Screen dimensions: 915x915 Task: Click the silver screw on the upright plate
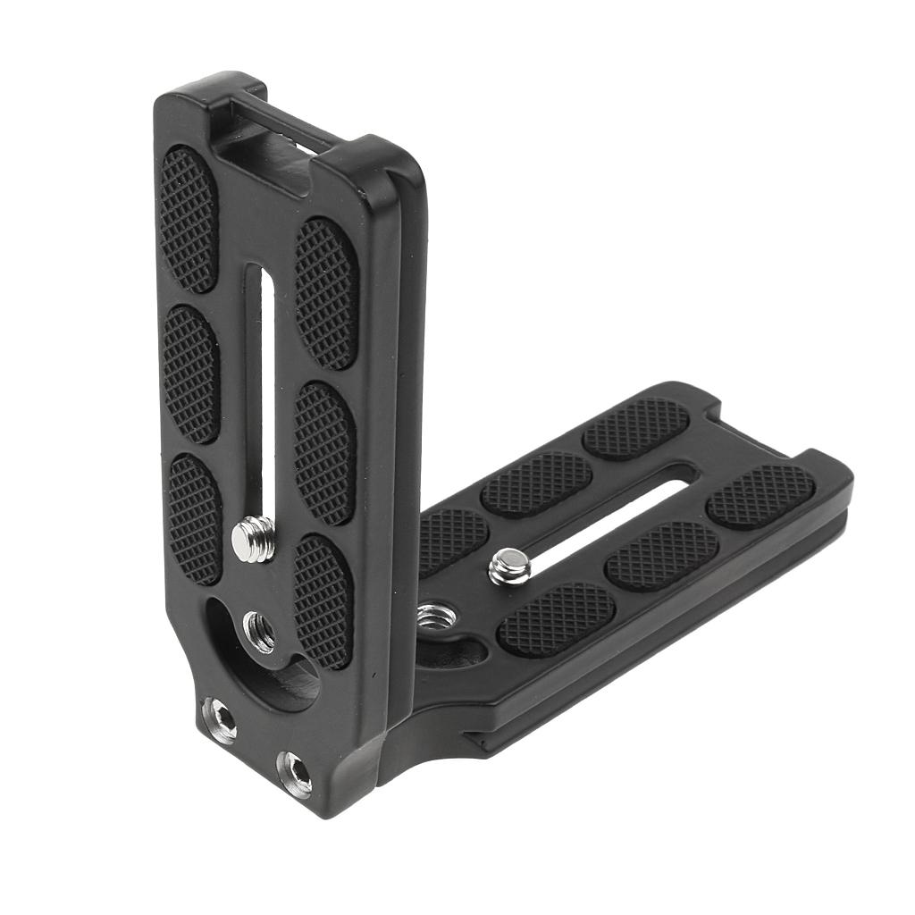coord(253,540)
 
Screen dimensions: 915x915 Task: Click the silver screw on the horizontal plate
coord(508,567)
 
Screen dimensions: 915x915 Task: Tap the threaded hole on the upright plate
coord(259,631)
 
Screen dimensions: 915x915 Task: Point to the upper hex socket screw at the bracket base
coord(220,718)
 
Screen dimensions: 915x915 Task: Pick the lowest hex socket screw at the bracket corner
coord(294,772)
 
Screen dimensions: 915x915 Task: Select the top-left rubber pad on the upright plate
coord(189,219)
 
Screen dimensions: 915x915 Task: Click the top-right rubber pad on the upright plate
coord(326,292)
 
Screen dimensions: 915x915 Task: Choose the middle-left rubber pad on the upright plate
coord(191,374)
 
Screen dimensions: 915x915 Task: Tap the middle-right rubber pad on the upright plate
coord(325,451)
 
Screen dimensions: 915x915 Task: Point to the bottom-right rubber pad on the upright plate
coord(323,600)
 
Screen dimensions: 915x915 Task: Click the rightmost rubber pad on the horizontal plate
coord(760,495)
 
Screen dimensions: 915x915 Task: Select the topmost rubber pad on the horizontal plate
coord(636,428)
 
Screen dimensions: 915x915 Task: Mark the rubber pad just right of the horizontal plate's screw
coord(662,555)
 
